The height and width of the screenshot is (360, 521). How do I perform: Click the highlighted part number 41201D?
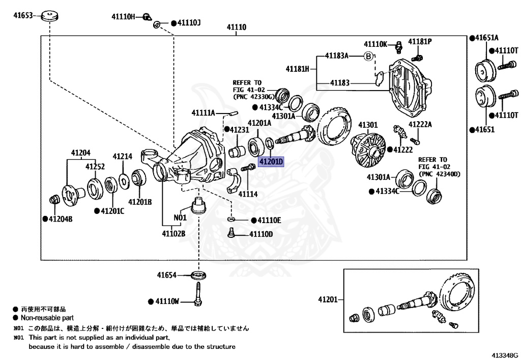pyautogui.click(x=271, y=162)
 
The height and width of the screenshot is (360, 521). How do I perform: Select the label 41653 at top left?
pyautogui.click(x=23, y=16)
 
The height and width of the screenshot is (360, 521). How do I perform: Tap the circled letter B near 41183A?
pyautogui.click(x=369, y=56)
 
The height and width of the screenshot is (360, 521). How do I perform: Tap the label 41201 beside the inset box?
pyautogui.click(x=328, y=299)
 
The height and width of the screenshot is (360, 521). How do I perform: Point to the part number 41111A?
pyautogui.click(x=204, y=113)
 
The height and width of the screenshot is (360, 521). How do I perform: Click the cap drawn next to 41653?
pyautogui.click(x=49, y=15)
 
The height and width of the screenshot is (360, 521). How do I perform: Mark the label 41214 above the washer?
pyautogui.click(x=122, y=157)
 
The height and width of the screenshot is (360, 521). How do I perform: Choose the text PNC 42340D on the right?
pyautogui.click(x=439, y=174)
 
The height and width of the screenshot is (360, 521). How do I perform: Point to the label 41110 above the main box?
pyautogui.click(x=236, y=27)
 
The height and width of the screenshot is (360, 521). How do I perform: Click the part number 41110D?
pyautogui.click(x=260, y=234)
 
